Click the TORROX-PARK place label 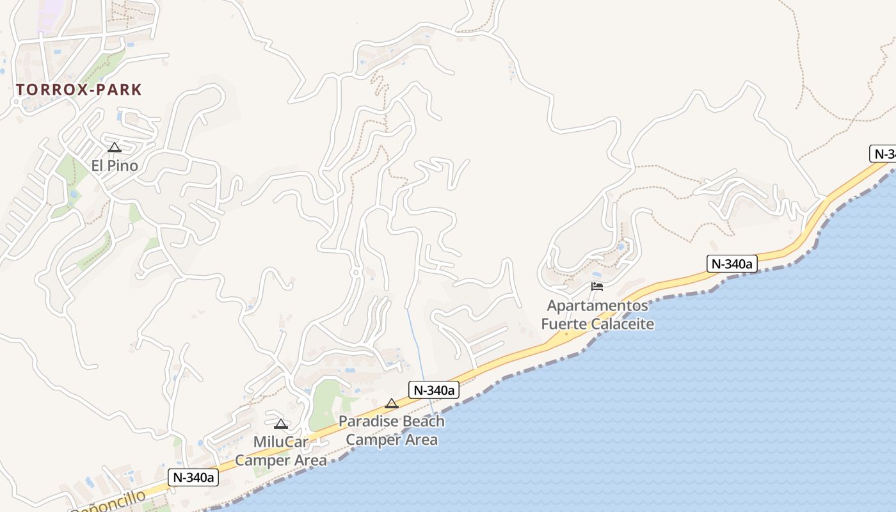(79, 90)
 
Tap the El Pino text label (115, 166)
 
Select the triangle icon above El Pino (115, 148)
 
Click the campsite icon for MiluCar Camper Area (280, 424)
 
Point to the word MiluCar (281, 442)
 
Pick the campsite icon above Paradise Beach (392, 404)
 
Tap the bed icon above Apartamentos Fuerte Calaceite (597, 286)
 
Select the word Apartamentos (597, 305)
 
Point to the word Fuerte (564, 324)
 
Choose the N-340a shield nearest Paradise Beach (434, 390)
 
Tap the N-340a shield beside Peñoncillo (193, 477)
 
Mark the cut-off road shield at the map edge (884, 154)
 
